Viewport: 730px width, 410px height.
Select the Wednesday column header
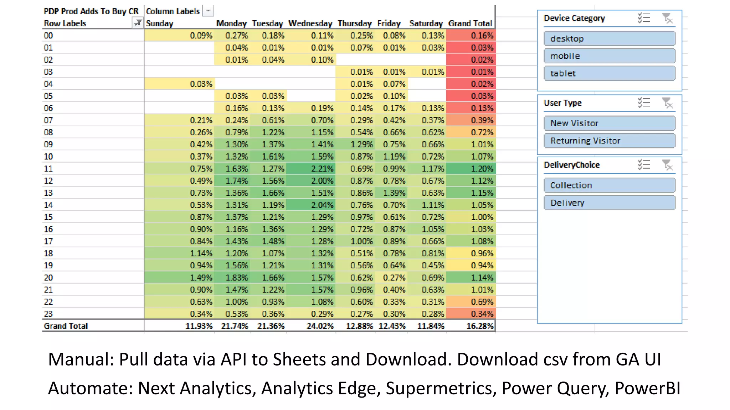point(310,23)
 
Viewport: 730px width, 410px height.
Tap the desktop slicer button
point(609,38)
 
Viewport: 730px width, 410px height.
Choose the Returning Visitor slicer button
point(609,141)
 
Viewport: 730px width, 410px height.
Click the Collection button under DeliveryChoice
point(609,185)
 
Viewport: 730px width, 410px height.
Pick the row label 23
point(48,314)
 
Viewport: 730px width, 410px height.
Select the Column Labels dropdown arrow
point(208,11)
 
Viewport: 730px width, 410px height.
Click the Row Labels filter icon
point(137,23)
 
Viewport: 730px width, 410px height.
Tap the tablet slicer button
point(609,73)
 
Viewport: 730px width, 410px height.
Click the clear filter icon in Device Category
point(667,18)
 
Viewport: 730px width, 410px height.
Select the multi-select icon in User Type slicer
point(644,103)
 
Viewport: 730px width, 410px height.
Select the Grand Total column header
point(470,23)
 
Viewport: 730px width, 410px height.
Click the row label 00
point(48,36)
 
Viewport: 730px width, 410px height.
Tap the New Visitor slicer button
point(609,123)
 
